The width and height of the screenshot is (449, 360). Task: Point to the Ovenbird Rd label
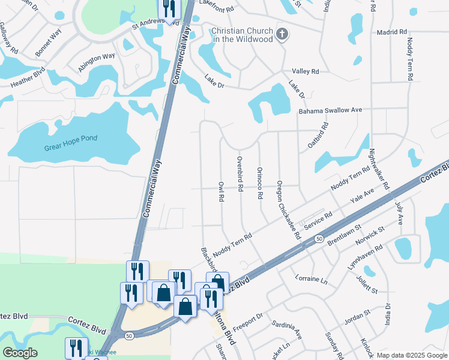coord(240,173)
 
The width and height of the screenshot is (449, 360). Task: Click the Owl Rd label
coord(221,189)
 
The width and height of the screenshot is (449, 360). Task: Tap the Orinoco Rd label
coord(260,182)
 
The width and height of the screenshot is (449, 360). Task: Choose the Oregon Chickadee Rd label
coord(288,209)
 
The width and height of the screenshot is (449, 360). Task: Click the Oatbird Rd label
coord(319,137)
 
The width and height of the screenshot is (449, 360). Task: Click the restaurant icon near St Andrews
coord(169,9)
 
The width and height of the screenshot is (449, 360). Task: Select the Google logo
coord(20,353)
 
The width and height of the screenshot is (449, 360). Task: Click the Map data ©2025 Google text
coord(412,355)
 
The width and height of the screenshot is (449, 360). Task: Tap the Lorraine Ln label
coord(312,279)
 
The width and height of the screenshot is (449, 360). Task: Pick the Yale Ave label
coord(362,197)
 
